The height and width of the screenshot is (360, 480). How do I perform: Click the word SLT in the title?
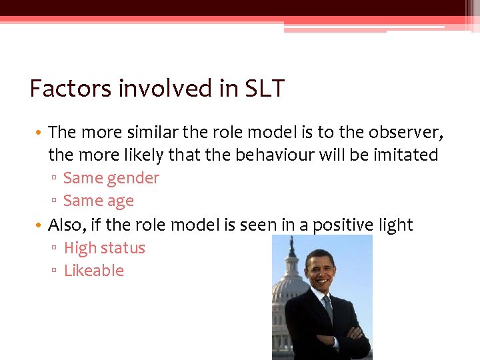coord(265,89)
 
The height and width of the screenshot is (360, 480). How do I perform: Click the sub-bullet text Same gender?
coord(111,178)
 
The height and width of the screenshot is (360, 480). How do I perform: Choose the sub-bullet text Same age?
coord(99,201)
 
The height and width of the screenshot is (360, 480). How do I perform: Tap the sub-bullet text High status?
coord(104,248)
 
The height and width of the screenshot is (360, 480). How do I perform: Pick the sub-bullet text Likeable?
coord(94,271)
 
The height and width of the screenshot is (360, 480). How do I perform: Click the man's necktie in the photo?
coord(327,307)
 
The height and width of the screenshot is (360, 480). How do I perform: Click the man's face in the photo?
coord(321,271)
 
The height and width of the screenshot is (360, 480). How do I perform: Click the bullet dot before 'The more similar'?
coord(41,133)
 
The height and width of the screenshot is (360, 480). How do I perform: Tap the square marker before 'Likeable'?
coord(56,271)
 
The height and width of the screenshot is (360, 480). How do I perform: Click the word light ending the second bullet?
coord(396,225)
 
